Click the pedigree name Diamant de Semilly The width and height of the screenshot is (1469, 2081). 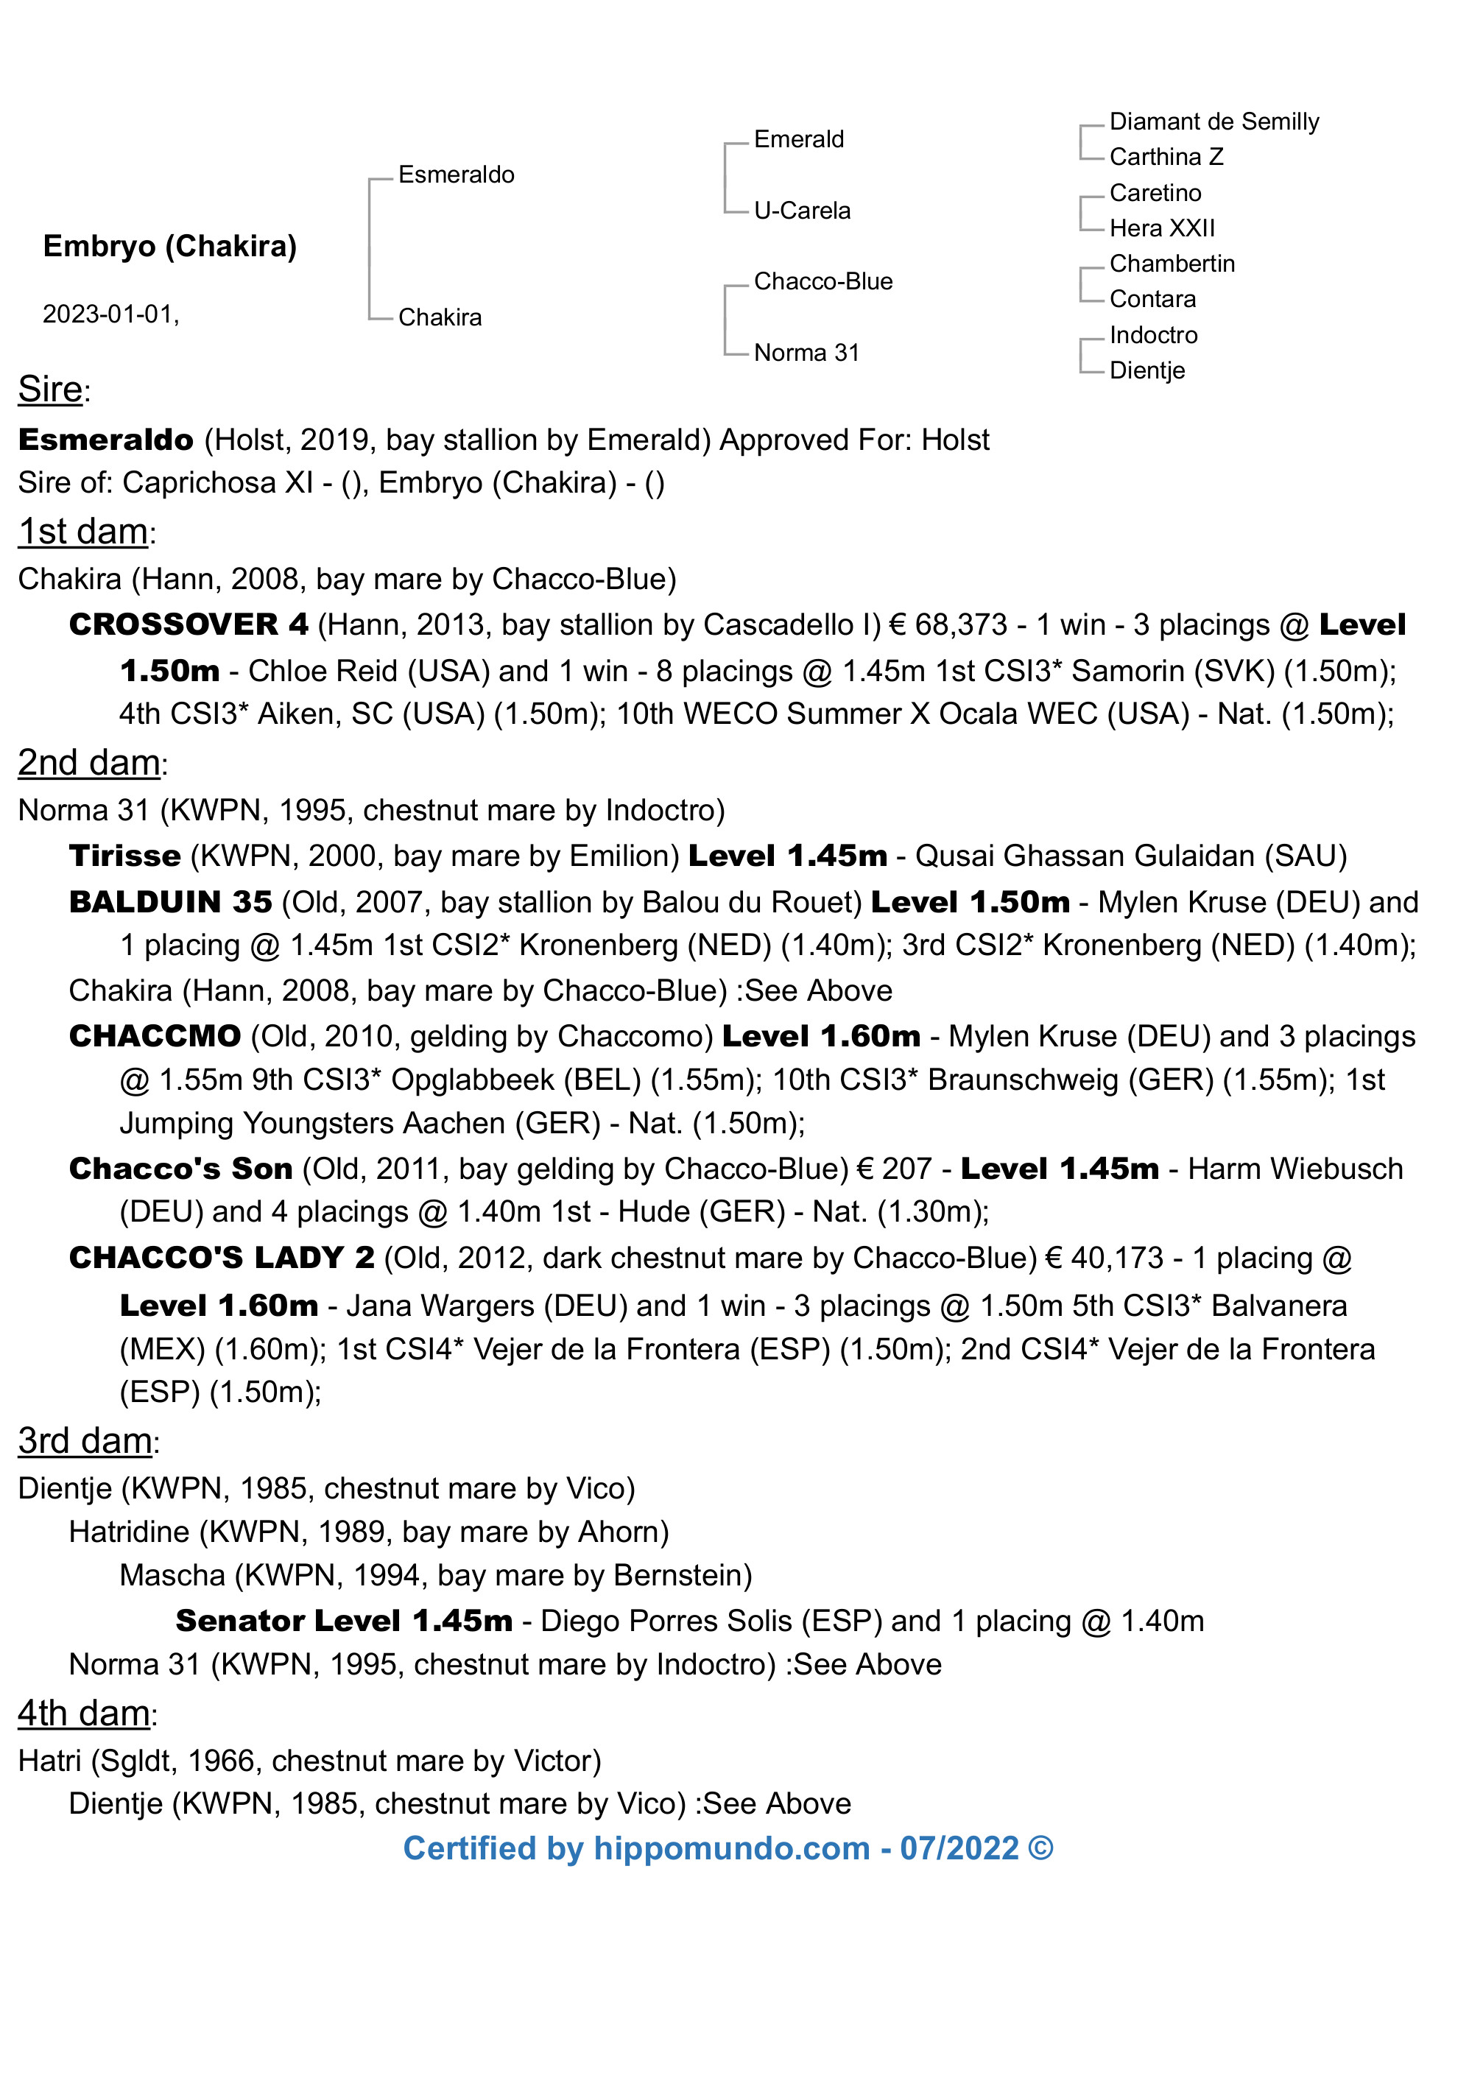click(x=1213, y=122)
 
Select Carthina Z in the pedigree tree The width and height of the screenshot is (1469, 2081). click(x=1166, y=157)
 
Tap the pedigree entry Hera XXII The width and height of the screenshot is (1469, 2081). click(x=1162, y=228)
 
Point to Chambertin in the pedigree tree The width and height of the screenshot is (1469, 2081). click(x=1172, y=264)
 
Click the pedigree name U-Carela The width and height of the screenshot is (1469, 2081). click(x=802, y=211)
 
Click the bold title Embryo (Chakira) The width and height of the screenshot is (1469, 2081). click(x=170, y=246)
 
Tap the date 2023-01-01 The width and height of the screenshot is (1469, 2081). click(x=110, y=314)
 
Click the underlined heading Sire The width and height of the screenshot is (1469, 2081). click(x=51, y=389)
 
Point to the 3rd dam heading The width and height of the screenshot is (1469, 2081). click(x=85, y=1440)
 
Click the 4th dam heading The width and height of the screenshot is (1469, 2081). click(x=84, y=1713)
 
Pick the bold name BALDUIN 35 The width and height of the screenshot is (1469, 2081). click(x=170, y=902)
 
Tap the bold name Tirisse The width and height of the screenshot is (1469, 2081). click(x=125, y=856)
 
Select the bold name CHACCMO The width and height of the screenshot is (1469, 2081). click(x=155, y=1036)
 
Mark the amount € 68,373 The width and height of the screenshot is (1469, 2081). click(x=949, y=624)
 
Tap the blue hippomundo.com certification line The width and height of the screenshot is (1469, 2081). click(x=728, y=1848)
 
